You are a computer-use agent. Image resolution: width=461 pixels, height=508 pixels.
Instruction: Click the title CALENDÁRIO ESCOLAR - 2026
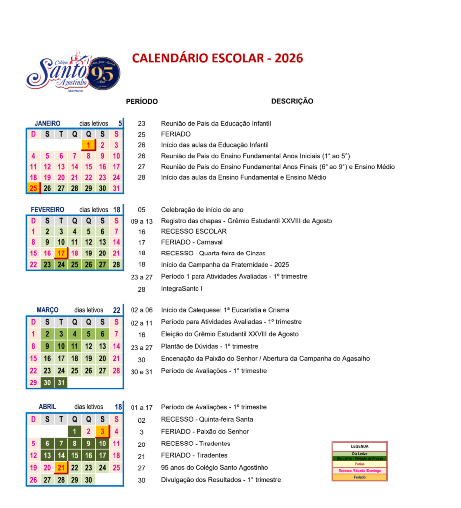[217, 58]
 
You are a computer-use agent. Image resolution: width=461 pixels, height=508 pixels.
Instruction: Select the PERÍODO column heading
[141, 101]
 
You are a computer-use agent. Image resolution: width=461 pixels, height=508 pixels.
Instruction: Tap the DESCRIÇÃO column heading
[292, 101]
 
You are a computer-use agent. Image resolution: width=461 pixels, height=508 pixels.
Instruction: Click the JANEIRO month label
[47, 123]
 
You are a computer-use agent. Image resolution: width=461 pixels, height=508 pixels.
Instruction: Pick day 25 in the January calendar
[33, 188]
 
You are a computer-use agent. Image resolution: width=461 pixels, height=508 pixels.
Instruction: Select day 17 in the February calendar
[61, 254]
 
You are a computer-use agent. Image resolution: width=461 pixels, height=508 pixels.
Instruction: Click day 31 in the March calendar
[61, 382]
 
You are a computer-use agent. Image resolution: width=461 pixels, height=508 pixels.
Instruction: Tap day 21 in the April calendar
[61, 467]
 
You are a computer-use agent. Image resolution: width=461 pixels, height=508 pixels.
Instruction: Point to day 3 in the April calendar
[102, 432]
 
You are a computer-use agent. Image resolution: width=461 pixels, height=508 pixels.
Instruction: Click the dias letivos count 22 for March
[117, 310]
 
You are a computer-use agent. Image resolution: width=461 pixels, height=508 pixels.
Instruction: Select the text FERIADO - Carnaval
[192, 242]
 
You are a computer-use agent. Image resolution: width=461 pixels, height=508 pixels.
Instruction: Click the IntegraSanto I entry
[182, 289]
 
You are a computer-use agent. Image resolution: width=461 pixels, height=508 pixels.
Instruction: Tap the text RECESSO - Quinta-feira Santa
[207, 419]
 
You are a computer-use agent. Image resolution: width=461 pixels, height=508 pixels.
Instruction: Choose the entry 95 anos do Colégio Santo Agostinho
[214, 467]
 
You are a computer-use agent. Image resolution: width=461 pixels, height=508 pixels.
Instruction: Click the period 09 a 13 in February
[141, 221]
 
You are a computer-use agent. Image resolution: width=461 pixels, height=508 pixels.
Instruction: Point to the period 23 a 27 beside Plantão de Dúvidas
[141, 347]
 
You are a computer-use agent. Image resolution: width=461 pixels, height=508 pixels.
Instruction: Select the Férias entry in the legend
[359, 464]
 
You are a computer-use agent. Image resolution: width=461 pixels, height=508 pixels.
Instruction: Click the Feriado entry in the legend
[359, 477]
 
